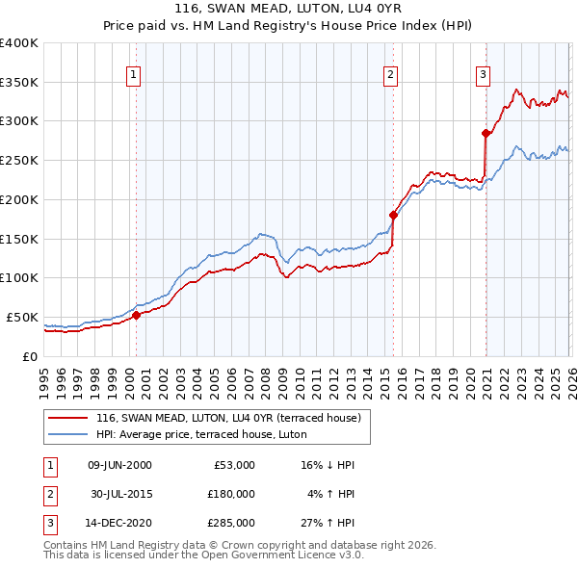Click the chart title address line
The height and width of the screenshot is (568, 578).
pyautogui.click(x=288, y=9)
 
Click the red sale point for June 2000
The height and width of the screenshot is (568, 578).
pyautogui.click(x=136, y=314)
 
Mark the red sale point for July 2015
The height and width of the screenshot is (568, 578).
pyautogui.click(x=394, y=215)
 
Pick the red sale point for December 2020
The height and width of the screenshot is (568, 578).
pyautogui.click(x=486, y=133)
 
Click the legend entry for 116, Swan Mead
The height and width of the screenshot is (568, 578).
pyautogui.click(x=227, y=418)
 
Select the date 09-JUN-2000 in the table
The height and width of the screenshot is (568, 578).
pyautogui.click(x=119, y=465)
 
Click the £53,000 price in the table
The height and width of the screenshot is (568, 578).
pyautogui.click(x=235, y=465)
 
